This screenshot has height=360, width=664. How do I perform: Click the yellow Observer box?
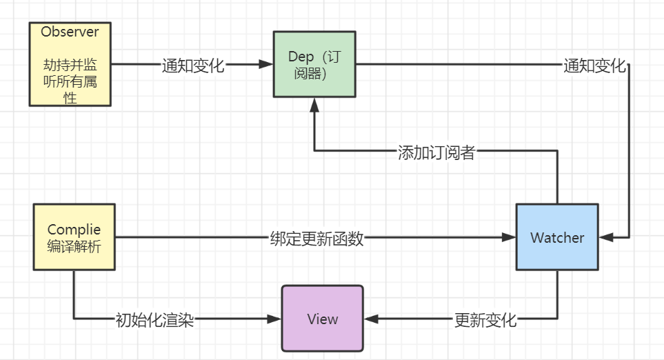click(70, 64)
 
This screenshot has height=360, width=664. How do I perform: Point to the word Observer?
click(70, 32)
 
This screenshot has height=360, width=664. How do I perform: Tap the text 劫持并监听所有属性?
click(70, 81)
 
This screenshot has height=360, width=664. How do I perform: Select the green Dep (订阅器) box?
click(314, 64)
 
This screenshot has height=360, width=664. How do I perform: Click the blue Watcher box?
click(557, 237)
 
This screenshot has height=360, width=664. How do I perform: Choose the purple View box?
click(323, 319)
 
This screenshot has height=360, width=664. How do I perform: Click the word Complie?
click(74, 230)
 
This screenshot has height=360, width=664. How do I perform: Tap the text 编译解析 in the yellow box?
click(74, 246)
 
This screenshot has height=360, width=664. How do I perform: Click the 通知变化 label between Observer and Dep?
click(193, 66)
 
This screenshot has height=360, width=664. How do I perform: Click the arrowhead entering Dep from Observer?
click(266, 65)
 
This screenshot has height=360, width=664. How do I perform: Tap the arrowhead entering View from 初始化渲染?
click(275, 319)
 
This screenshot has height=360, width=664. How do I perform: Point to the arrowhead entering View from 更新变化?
click(371, 319)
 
